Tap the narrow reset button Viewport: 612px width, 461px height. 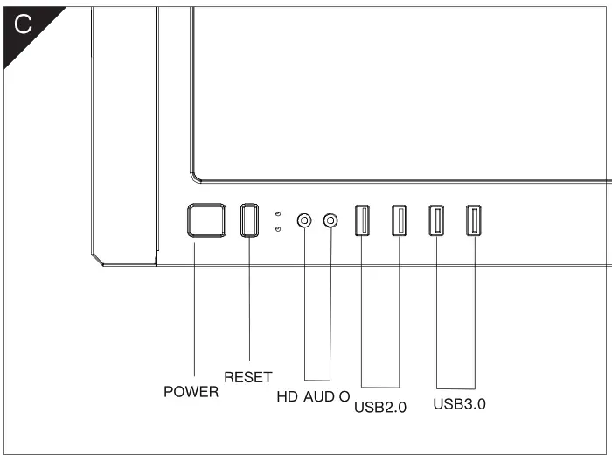tap(250, 220)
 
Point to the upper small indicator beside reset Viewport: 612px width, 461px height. tap(277, 213)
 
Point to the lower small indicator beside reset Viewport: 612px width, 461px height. tap(277, 229)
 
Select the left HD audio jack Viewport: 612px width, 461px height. tap(304, 220)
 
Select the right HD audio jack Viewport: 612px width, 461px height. tap(330, 220)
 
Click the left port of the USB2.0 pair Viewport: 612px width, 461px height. tap(361, 220)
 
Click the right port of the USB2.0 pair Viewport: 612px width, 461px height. tap(399, 220)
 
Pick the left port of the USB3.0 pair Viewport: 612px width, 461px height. tap(435, 220)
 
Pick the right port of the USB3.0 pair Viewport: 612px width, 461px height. tap(474, 220)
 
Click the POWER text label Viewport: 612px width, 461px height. tap(191, 393)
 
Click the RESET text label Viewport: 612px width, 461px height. tap(248, 377)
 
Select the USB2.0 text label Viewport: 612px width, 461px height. tap(380, 406)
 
